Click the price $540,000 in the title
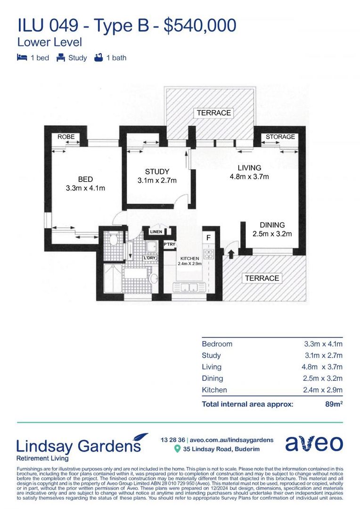pos(199,25)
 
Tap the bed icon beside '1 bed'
pos(22,58)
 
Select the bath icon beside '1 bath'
pos(98,58)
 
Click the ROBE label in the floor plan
pos(66,137)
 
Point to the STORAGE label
pos(280,137)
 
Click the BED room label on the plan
pos(85,179)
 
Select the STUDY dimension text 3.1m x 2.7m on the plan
pos(157,181)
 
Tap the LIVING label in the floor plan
pos(249,168)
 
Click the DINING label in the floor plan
pos(272,225)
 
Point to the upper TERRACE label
pos(213,113)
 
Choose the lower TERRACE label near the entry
pos(262,278)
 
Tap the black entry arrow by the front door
pos(231,254)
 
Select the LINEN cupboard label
pos(155,232)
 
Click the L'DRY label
pos(150,258)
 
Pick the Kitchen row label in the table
pos(214,390)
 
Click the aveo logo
pos(314,444)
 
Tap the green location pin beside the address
pos(177,449)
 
